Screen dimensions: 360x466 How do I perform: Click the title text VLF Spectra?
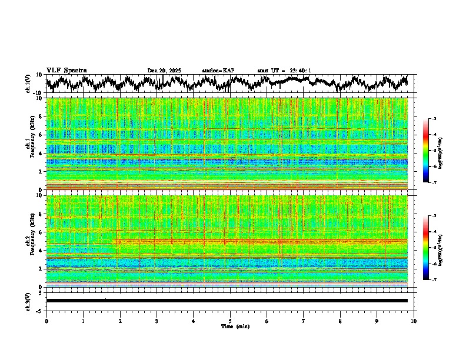[66, 70]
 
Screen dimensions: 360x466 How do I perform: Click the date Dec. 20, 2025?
[164, 71]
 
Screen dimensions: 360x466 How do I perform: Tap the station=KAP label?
[218, 71]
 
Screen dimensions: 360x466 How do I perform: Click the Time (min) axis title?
[235, 326]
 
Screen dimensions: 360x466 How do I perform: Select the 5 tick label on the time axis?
[230, 321]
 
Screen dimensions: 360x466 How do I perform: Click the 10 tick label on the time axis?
[414, 321]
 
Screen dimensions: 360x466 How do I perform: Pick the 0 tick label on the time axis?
[46, 321]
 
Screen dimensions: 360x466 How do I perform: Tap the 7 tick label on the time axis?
[304, 321]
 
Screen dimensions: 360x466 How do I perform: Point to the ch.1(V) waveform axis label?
[28, 84]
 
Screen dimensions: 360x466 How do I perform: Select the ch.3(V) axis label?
[28, 300]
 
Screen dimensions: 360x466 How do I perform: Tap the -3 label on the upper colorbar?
[434, 119]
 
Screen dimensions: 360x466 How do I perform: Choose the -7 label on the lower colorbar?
[434, 280]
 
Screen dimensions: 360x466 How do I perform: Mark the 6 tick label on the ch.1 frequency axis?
[41, 135]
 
